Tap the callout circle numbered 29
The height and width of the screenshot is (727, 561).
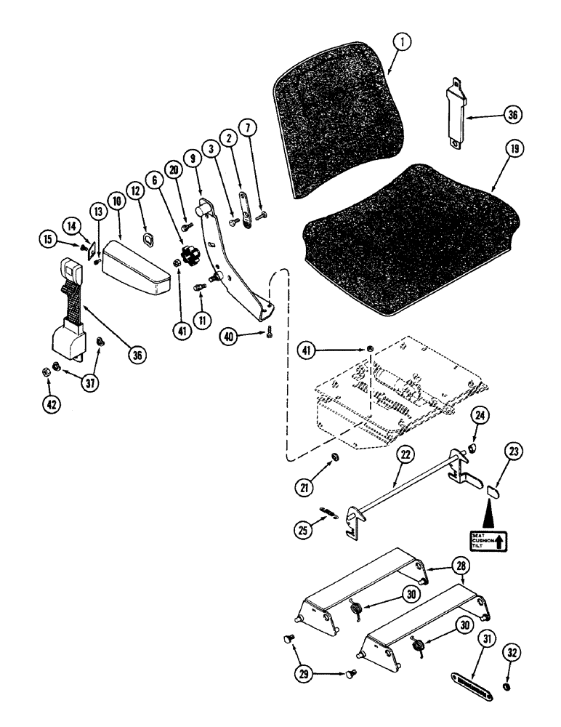(x=304, y=673)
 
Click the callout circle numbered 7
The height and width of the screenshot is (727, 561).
(x=248, y=129)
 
